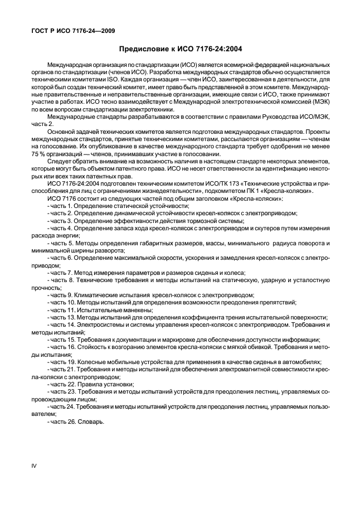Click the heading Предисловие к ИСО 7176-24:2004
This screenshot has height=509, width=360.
(180, 49)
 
